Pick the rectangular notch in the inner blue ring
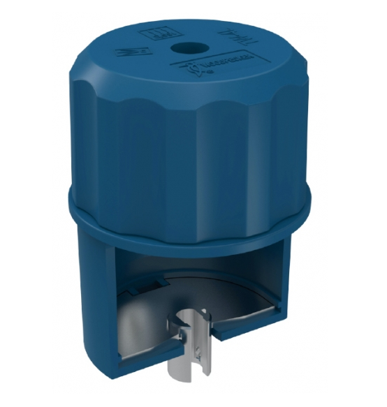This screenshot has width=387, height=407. (150, 281)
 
